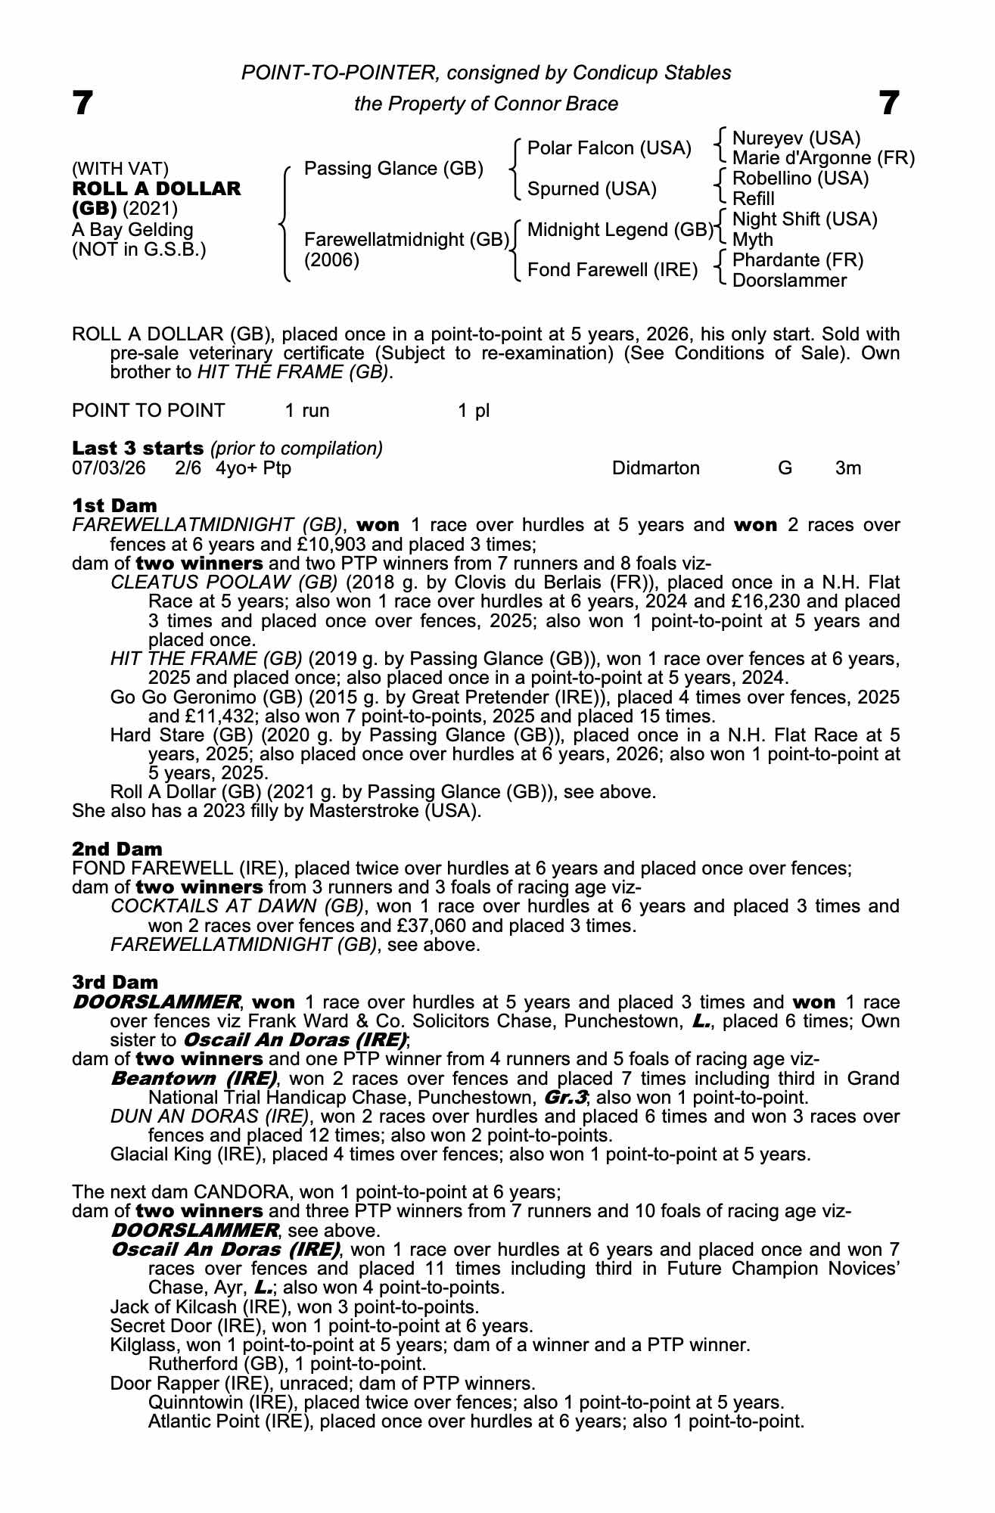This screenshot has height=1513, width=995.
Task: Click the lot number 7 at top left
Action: point(82,103)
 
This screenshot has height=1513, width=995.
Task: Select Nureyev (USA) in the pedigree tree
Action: point(797,138)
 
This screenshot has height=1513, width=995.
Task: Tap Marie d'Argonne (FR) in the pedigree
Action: point(823,159)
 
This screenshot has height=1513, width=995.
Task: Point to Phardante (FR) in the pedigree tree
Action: point(798,260)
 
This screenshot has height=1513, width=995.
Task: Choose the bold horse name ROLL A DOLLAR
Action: point(157,188)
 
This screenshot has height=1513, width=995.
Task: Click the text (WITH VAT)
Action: point(120,169)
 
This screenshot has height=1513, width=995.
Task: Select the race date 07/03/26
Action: point(108,468)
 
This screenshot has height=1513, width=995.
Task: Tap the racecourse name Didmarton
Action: point(655,468)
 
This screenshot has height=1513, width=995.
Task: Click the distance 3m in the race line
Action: point(847,468)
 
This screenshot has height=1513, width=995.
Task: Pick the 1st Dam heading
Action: point(114,505)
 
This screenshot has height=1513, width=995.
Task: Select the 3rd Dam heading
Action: point(115,982)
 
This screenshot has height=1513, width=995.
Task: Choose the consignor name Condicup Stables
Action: point(651,73)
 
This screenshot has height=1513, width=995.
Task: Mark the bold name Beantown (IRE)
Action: point(193,1078)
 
